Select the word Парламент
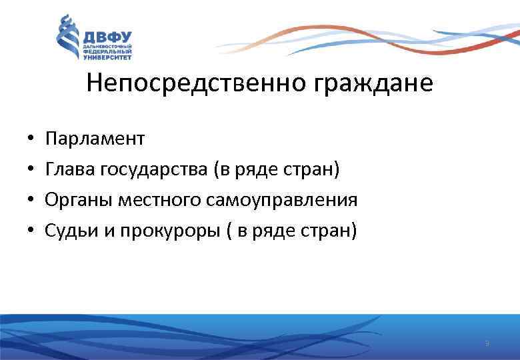pos(95,139)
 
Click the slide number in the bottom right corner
pos(487,344)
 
